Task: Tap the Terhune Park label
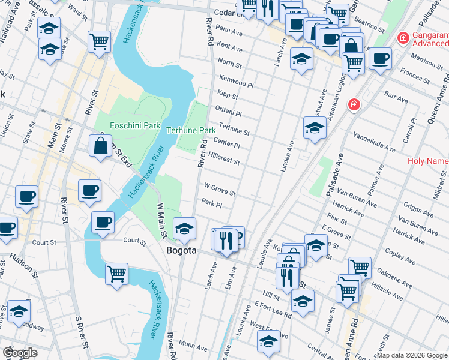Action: (190, 130)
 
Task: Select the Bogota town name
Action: (181, 251)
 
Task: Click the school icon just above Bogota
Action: (184, 228)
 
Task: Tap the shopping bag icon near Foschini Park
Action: (100, 146)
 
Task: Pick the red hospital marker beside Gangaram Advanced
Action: (404, 39)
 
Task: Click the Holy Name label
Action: (427, 161)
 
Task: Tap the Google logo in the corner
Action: (20, 353)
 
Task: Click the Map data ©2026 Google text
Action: (412, 355)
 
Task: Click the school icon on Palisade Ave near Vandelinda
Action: (314, 128)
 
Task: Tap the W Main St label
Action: (161, 214)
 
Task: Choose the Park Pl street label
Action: (212, 204)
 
